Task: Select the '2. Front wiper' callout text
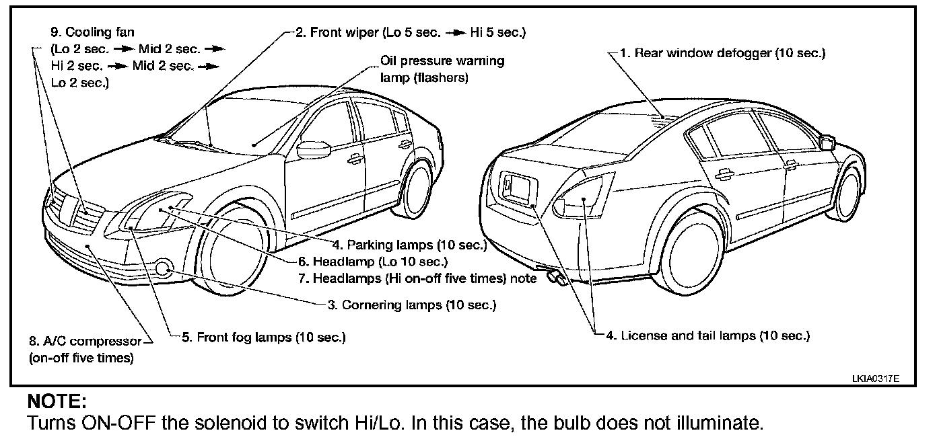(411, 32)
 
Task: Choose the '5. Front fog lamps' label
(264, 337)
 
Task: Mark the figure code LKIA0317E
(874, 379)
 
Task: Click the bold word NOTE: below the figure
(57, 403)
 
